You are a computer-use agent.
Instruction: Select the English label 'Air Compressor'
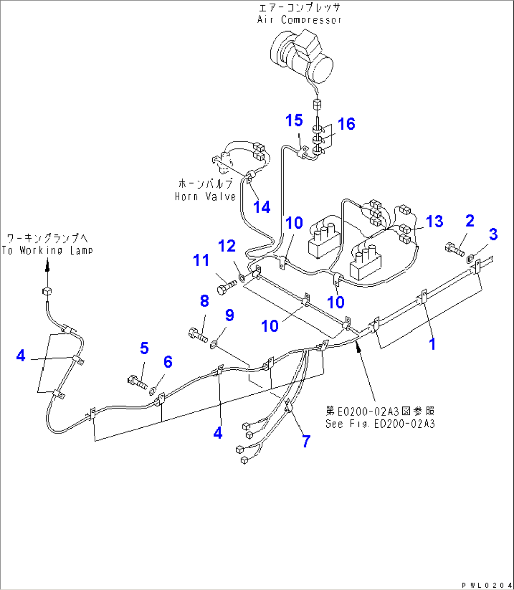(x=299, y=20)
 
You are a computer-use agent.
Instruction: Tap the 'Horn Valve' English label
(x=205, y=196)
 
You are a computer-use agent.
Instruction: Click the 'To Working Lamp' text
(x=47, y=250)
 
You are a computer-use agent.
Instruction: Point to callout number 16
(x=346, y=124)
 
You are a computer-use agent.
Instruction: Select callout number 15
(x=294, y=120)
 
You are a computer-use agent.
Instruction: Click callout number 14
(x=262, y=207)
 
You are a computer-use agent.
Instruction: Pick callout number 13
(x=434, y=221)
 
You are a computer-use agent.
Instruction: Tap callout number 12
(x=226, y=246)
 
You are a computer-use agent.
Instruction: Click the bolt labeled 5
(x=137, y=380)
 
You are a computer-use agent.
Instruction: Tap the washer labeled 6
(x=153, y=391)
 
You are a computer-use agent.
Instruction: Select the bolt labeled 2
(x=455, y=249)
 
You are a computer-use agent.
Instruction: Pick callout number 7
(x=307, y=441)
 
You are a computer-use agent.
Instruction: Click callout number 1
(x=431, y=344)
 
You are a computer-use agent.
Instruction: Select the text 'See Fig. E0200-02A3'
(x=380, y=424)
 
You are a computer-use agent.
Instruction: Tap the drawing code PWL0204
(x=486, y=585)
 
